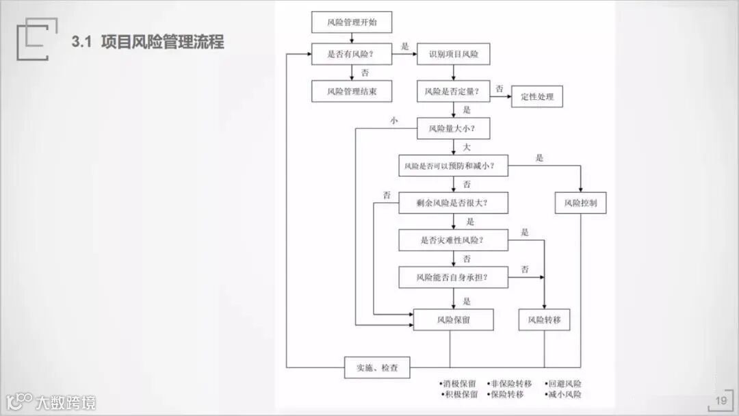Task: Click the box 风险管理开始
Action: (x=352, y=23)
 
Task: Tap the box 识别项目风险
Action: (x=453, y=54)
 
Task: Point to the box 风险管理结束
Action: (x=352, y=91)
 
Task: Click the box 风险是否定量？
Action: (x=453, y=91)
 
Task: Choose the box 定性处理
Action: (x=536, y=97)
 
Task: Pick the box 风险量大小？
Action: (x=453, y=129)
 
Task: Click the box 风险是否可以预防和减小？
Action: (x=453, y=166)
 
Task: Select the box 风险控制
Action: (x=580, y=203)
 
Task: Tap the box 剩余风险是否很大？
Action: (x=453, y=203)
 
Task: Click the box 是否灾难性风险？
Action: (x=453, y=240)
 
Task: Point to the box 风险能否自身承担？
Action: (x=453, y=277)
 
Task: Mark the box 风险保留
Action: (x=453, y=320)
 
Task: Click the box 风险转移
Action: (x=544, y=320)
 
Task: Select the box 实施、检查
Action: (x=377, y=368)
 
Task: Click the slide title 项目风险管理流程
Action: (x=162, y=42)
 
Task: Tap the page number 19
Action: (x=721, y=401)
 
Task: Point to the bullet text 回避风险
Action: (x=565, y=384)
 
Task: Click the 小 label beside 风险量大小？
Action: (x=393, y=120)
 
